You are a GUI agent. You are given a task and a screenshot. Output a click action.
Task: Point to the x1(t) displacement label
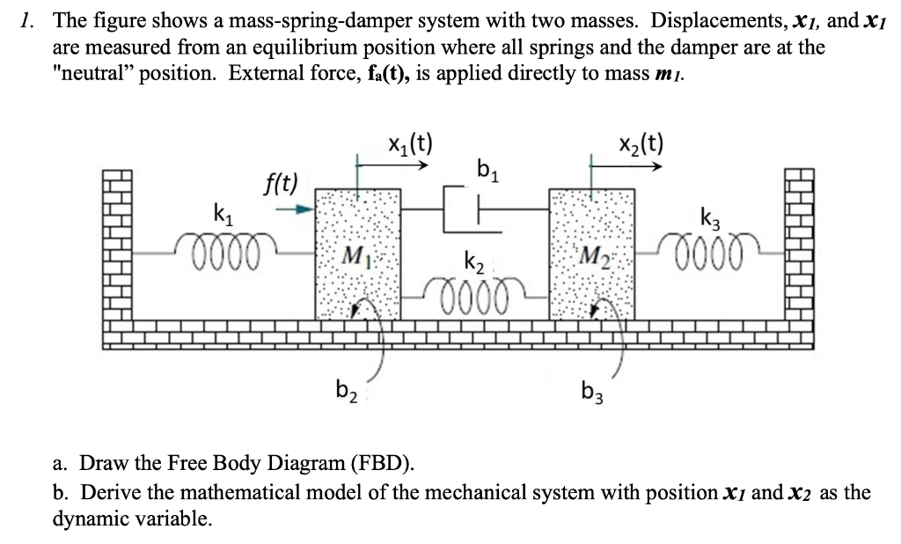[x=409, y=143]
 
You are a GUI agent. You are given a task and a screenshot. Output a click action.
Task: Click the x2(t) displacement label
[x=641, y=143]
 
